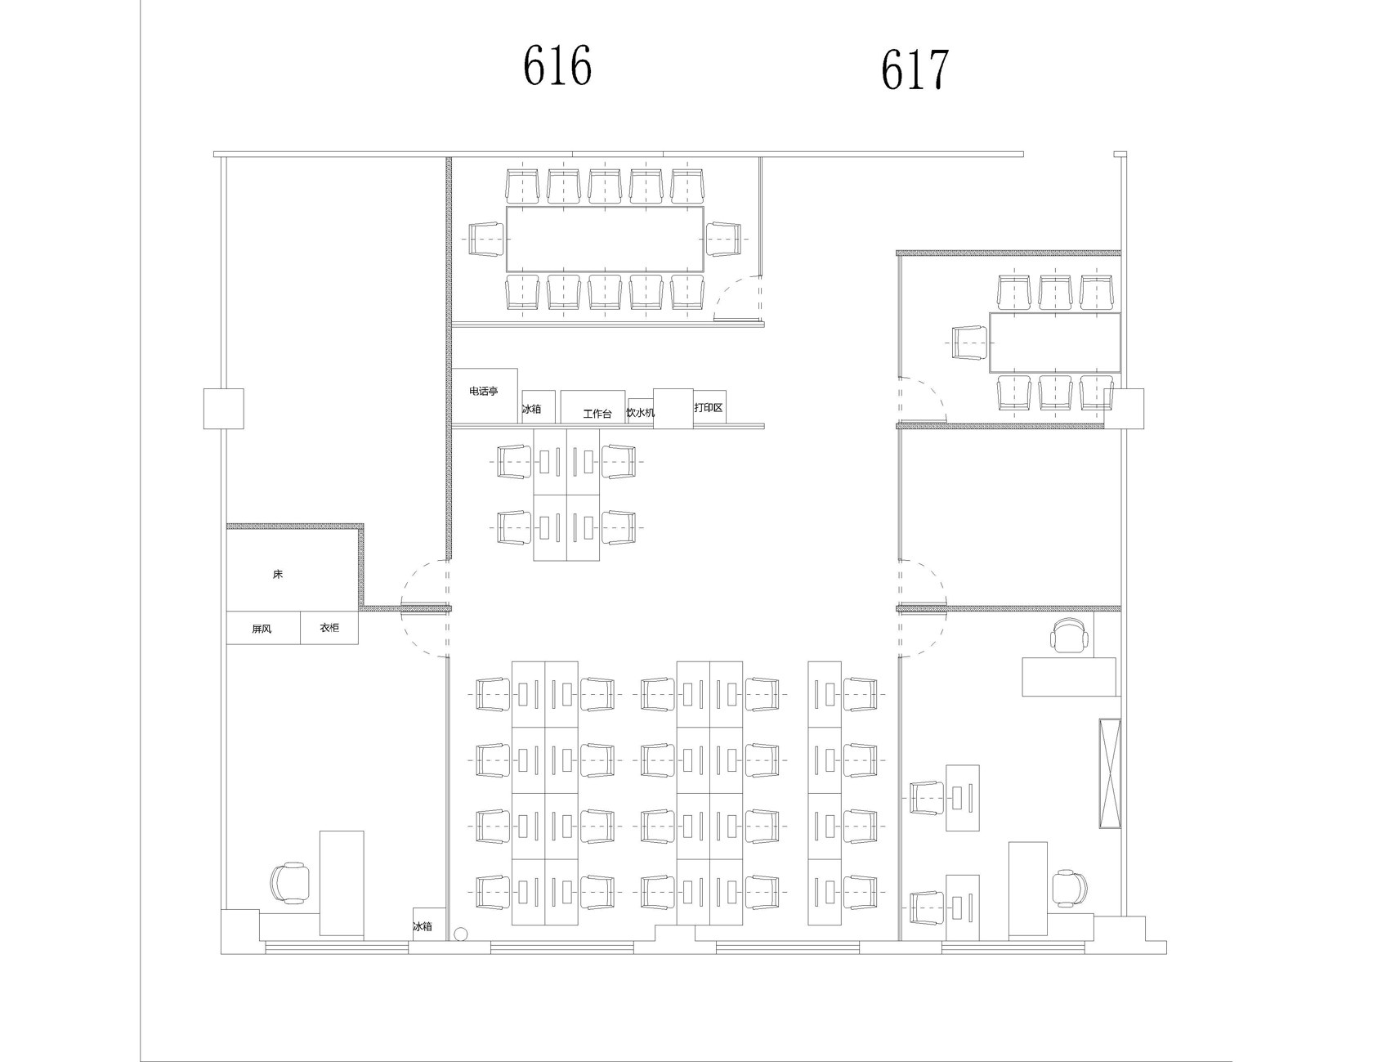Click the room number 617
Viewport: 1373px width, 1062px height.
[915, 69]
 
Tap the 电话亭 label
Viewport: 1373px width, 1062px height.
[483, 392]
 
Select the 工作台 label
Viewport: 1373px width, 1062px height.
[597, 414]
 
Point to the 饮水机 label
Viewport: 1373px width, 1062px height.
[641, 413]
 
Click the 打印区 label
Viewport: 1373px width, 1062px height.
[709, 407]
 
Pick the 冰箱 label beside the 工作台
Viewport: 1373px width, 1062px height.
[531, 409]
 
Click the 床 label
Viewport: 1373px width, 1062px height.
[278, 575]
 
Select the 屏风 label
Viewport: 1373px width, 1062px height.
[262, 630]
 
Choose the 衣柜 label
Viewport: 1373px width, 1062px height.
[329, 628]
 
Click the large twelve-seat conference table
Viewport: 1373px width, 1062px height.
[605, 239]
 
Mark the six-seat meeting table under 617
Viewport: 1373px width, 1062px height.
[1055, 342]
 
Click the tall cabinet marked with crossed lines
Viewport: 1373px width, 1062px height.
[1110, 773]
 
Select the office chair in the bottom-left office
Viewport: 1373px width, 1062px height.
[290, 883]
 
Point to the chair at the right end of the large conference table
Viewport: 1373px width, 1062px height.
[722, 239]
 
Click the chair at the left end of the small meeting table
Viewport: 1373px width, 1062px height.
[971, 342]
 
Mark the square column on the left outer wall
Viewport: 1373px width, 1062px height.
[224, 409]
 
